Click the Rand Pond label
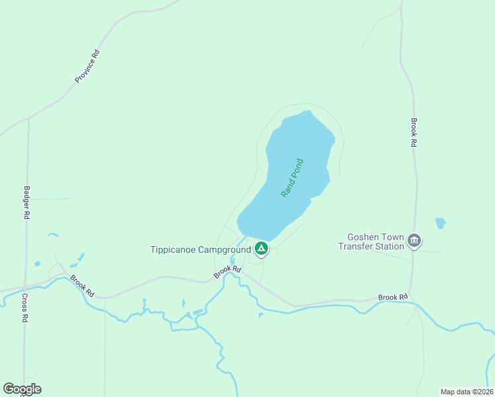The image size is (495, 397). [292, 177]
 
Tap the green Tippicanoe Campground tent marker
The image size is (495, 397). [261, 249]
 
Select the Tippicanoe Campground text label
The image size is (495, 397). [201, 249]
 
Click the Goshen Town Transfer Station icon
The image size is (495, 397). [414, 240]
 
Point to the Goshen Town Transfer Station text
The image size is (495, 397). [375, 242]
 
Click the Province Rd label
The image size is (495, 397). [87, 67]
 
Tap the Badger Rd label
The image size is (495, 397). [27, 202]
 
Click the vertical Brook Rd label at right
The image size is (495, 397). [413, 132]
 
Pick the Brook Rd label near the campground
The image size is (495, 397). [228, 272]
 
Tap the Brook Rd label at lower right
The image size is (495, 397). [393, 298]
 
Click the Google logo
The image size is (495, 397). [22, 389]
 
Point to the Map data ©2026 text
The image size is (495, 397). [467, 392]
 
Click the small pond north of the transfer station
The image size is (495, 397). [440, 223]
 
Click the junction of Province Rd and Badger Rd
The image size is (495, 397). [28, 119]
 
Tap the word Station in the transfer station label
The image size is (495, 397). [388, 247]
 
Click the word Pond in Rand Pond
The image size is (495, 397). [296, 169]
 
